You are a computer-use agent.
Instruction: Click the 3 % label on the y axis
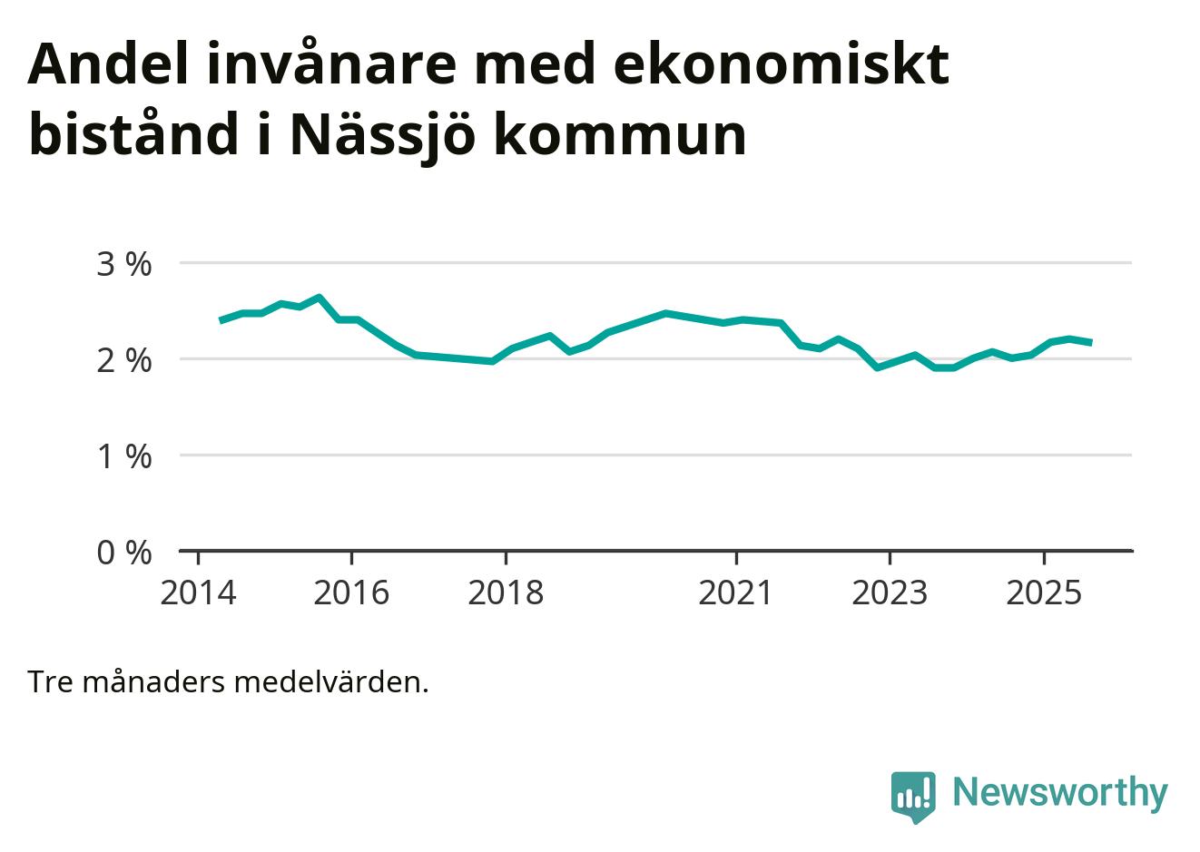(x=124, y=264)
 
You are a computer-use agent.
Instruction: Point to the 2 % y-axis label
(x=124, y=360)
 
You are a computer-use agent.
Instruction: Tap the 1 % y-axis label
(x=124, y=456)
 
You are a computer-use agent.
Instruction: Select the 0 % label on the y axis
(x=124, y=553)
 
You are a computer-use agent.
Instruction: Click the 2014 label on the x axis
(x=198, y=592)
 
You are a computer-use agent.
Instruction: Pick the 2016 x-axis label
(x=351, y=592)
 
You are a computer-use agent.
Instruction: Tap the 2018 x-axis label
(x=506, y=592)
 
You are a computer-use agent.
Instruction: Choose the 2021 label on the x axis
(x=736, y=592)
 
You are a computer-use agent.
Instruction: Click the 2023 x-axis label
(x=890, y=592)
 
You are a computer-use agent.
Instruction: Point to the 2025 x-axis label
(x=1044, y=592)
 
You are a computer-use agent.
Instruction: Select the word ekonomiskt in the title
(x=782, y=64)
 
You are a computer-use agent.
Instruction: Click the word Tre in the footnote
(x=51, y=681)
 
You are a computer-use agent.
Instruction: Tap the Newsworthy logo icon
(x=912, y=796)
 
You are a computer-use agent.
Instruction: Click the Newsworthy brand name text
(x=1059, y=792)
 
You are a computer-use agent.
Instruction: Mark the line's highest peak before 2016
(x=319, y=297)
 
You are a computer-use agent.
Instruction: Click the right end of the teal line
(x=1090, y=342)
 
